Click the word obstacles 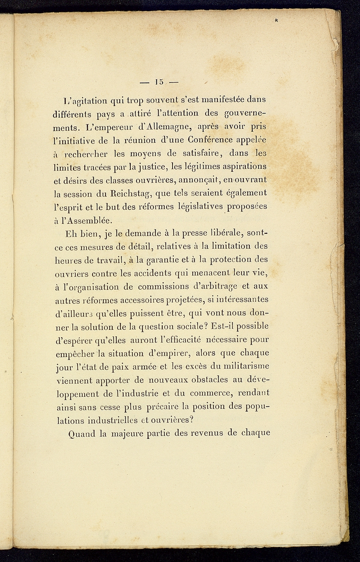click(x=197, y=380)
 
